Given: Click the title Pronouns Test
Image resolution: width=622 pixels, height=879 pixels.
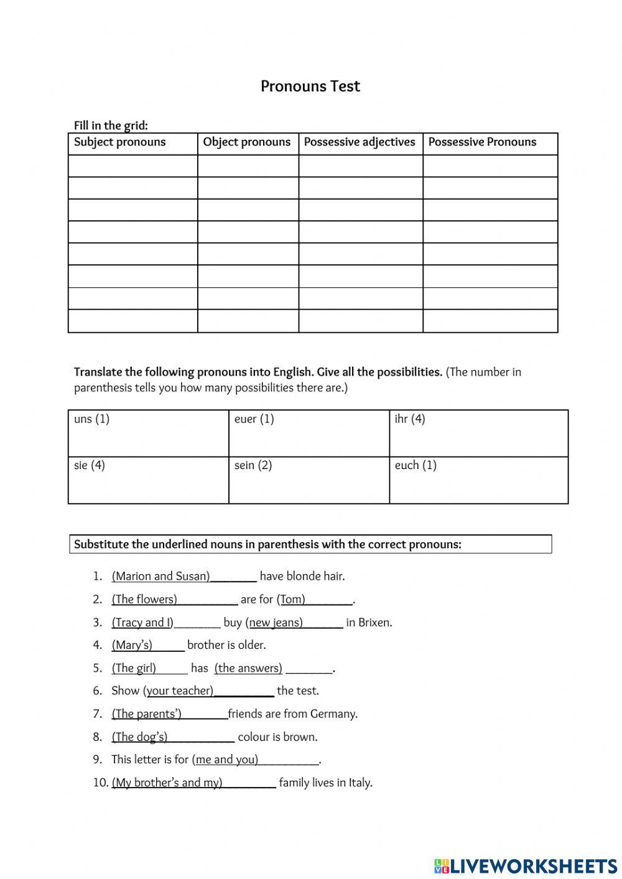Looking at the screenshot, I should point(310,86).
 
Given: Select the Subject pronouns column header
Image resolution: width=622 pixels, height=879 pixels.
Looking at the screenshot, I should point(120,142).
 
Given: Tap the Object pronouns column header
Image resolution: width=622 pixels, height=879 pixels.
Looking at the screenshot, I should point(246,142).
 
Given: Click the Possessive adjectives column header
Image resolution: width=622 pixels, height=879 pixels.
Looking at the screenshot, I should point(360,142).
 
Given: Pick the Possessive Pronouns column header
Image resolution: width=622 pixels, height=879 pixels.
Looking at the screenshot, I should point(482,142).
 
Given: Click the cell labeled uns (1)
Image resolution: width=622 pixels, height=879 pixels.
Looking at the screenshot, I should point(148,433).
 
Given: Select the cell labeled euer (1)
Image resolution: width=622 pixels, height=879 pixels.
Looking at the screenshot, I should point(309,433).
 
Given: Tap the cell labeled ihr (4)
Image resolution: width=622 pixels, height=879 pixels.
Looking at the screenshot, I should point(478,433).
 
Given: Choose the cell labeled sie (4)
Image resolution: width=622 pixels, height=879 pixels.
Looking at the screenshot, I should point(148,480).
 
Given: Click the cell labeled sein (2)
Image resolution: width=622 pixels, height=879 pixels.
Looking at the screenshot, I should point(309,480).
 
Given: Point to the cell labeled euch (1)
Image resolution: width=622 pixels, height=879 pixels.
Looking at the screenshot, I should point(478,480).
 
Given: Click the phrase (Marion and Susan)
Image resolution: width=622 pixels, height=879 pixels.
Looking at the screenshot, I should point(161,576).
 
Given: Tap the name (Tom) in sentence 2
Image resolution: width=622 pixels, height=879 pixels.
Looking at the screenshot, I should point(291,599).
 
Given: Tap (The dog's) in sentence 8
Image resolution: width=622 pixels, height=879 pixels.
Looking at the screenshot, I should point(140,737).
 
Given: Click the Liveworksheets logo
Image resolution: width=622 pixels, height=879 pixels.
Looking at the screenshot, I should point(525,865).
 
